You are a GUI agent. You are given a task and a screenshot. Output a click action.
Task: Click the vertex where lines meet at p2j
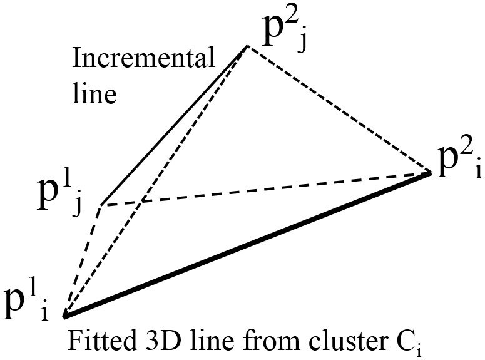[x=247, y=46]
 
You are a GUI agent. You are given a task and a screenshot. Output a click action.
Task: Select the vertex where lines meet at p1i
[x=64, y=313]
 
